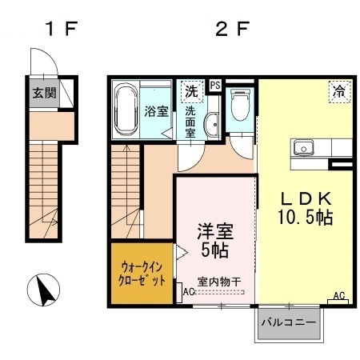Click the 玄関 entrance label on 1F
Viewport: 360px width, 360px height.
coord(44,93)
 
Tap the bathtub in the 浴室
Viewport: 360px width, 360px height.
coord(126,110)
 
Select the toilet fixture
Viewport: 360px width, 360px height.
coord(240,105)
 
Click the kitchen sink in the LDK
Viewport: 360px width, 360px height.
coord(303,147)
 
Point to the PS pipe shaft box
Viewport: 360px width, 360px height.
coord(215,86)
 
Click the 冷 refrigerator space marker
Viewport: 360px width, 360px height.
coord(339,91)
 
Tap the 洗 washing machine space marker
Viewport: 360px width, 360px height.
coord(192,91)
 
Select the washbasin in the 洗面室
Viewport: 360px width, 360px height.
coord(211,125)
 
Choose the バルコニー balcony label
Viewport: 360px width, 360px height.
coord(289,322)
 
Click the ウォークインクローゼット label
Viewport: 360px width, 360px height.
coord(142,274)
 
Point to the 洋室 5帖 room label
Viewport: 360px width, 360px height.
coord(215,240)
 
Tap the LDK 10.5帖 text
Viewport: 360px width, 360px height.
coord(306,208)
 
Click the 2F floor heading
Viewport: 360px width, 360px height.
coord(232,29)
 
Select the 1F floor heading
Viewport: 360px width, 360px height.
coord(62,29)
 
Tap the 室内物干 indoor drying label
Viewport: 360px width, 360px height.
coord(219,282)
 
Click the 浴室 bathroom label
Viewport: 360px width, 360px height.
coord(156,111)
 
